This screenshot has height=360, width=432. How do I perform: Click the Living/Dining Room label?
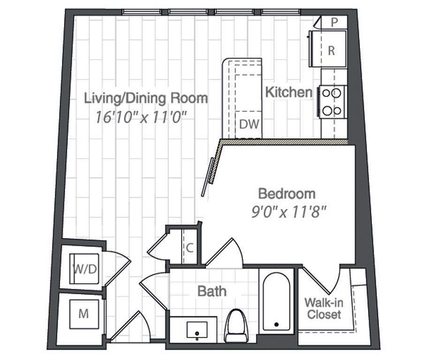pyautogui.click(x=145, y=98)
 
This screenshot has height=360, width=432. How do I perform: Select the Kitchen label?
pyautogui.click(x=288, y=92)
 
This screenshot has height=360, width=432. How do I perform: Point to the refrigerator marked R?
pyautogui.click(x=331, y=51)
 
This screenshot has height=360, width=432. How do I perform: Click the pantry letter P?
pyautogui.click(x=334, y=22)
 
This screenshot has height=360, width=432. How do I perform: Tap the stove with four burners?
pyautogui.click(x=333, y=102)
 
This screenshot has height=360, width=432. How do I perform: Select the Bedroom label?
pyautogui.click(x=287, y=193)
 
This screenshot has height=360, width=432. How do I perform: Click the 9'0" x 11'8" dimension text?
pyautogui.click(x=288, y=210)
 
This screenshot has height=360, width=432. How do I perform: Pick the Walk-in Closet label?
pyautogui.click(x=323, y=308)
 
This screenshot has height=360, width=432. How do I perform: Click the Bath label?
pyautogui.click(x=212, y=291)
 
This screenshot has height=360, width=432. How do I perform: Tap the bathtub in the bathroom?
pyautogui.click(x=276, y=302)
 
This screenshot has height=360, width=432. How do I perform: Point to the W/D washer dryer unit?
pyautogui.click(x=84, y=269)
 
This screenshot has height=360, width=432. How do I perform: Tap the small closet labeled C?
pyautogui.click(x=189, y=248)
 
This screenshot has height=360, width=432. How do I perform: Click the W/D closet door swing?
pyautogui.click(x=117, y=265)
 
